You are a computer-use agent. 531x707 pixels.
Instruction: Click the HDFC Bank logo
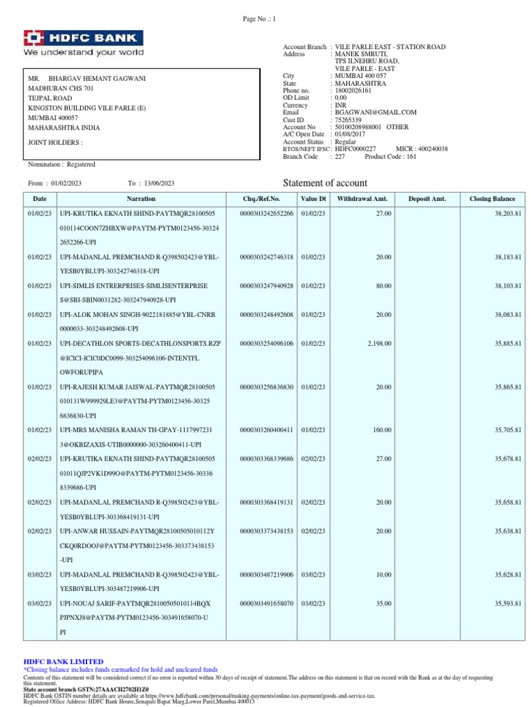(84, 43)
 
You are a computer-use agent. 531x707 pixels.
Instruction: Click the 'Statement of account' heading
(326, 182)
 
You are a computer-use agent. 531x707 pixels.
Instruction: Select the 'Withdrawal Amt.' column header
(362, 199)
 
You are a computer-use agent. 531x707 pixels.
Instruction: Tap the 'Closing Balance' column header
(492, 199)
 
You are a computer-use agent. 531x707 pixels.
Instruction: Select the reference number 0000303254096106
(266, 343)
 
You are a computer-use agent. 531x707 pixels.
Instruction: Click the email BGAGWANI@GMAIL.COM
(375, 112)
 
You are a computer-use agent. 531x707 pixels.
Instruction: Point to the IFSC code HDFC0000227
(355, 149)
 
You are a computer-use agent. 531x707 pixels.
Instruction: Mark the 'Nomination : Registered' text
(62, 164)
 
